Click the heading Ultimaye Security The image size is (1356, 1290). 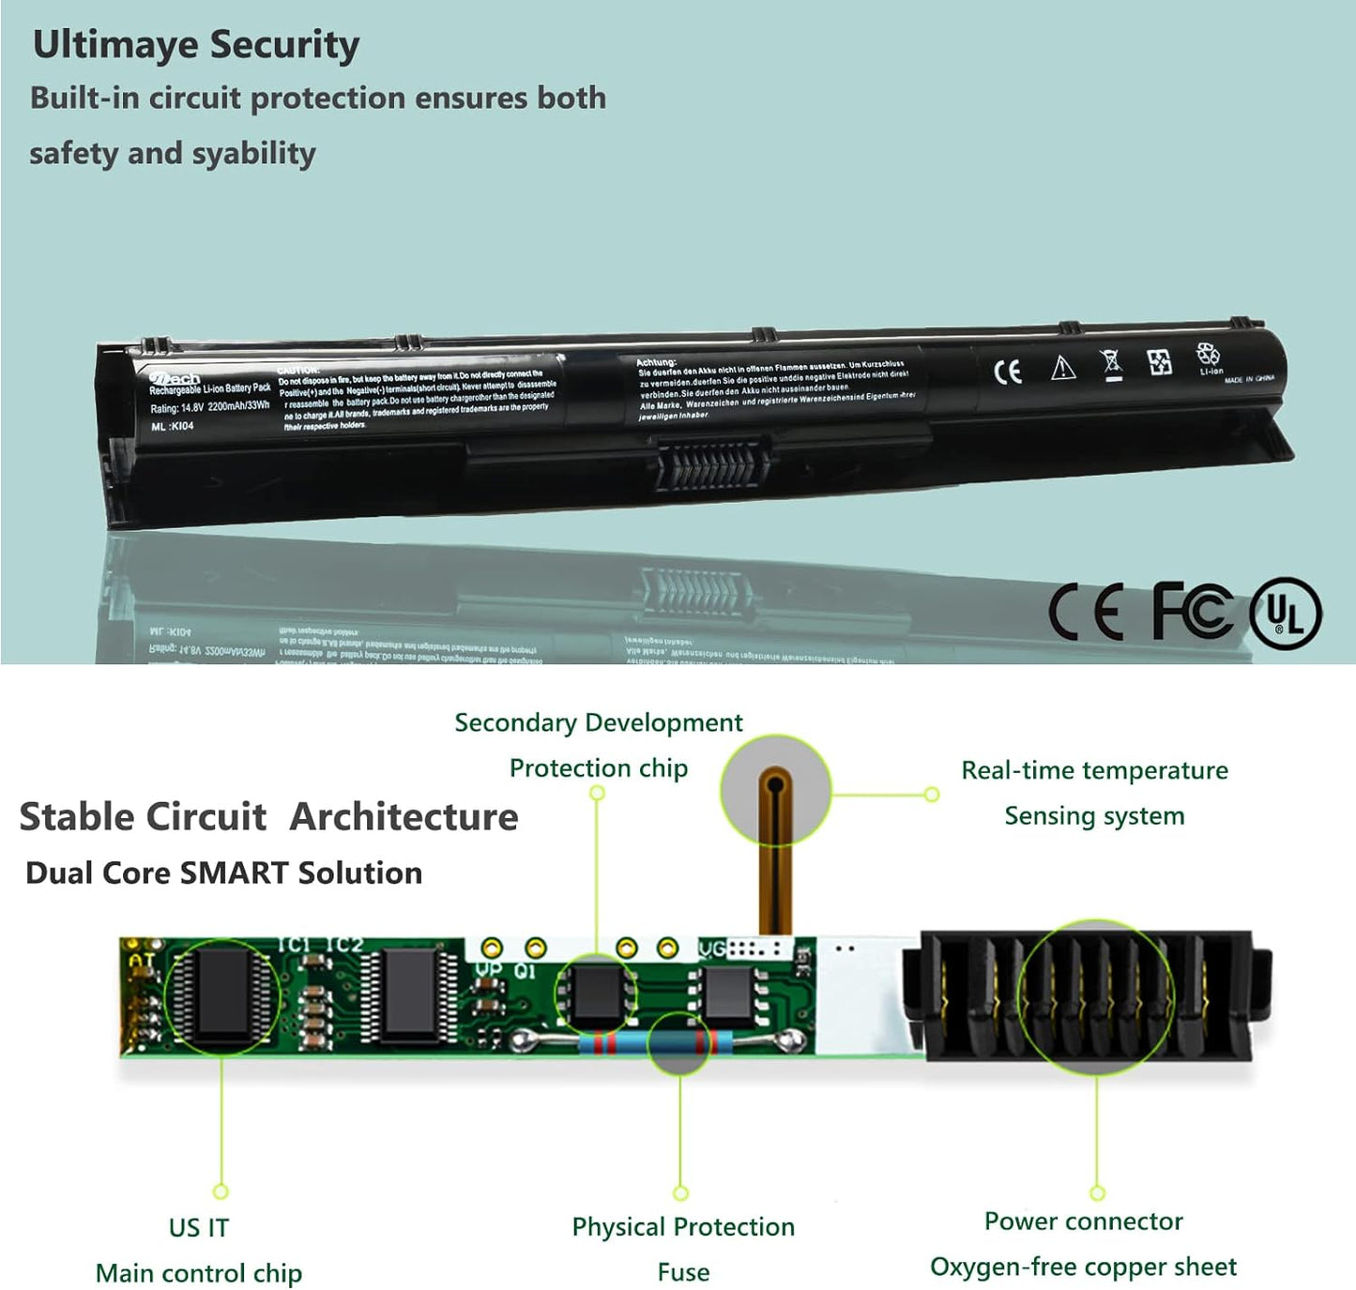pyautogui.click(x=196, y=45)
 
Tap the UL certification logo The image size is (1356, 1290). pyautogui.click(x=1285, y=614)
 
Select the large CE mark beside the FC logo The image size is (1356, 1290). pyautogui.click(x=1086, y=612)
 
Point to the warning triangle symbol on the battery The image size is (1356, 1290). pyautogui.click(x=1062, y=368)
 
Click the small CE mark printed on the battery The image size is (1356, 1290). pyautogui.click(x=1007, y=372)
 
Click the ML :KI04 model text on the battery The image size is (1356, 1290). pyautogui.click(x=173, y=426)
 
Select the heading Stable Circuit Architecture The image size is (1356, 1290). pyautogui.click(x=268, y=816)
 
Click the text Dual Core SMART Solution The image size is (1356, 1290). pyautogui.click(x=223, y=873)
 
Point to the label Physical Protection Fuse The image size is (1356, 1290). pyautogui.click(x=683, y=1249)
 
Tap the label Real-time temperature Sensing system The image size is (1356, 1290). pyautogui.click(x=1094, y=793)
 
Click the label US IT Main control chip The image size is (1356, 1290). pyautogui.click(x=199, y=1251)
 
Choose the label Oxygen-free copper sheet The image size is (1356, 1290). pyautogui.click(x=1083, y=1267)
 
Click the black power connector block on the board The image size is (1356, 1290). pyautogui.click(x=1089, y=995)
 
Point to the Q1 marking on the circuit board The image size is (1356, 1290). pyautogui.click(x=525, y=971)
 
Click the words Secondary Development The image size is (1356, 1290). pyautogui.click(x=599, y=722)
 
